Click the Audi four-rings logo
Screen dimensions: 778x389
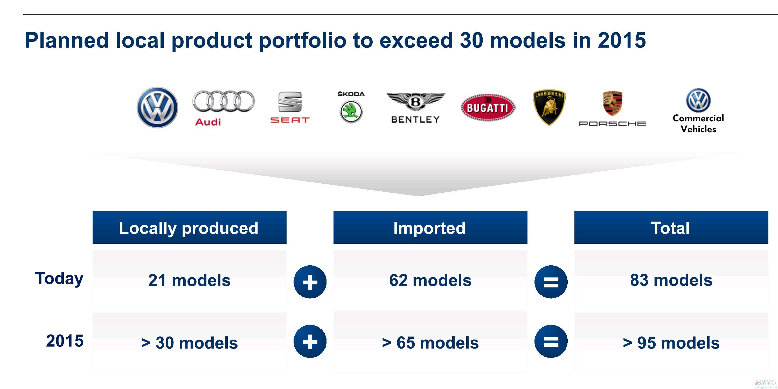click(x=224, y=101)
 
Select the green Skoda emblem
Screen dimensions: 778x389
click(x=351, y=112)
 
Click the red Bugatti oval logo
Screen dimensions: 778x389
click(x=488, y=107)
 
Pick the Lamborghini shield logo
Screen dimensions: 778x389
click(x=549, y=107)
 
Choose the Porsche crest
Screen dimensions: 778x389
click(x=613, y=103)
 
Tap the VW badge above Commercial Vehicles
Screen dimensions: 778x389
click(x=698, y=101)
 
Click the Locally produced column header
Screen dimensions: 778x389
click(x=189, y=227)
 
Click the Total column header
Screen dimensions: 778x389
click(x=671, y=227)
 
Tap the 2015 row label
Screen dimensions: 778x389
click(x=65, y=341)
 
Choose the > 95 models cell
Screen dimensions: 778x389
click(x=671, y=343)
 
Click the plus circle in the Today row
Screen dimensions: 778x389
click(x=310, y=282)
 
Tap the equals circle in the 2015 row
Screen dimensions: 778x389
click(x=551, y=341)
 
